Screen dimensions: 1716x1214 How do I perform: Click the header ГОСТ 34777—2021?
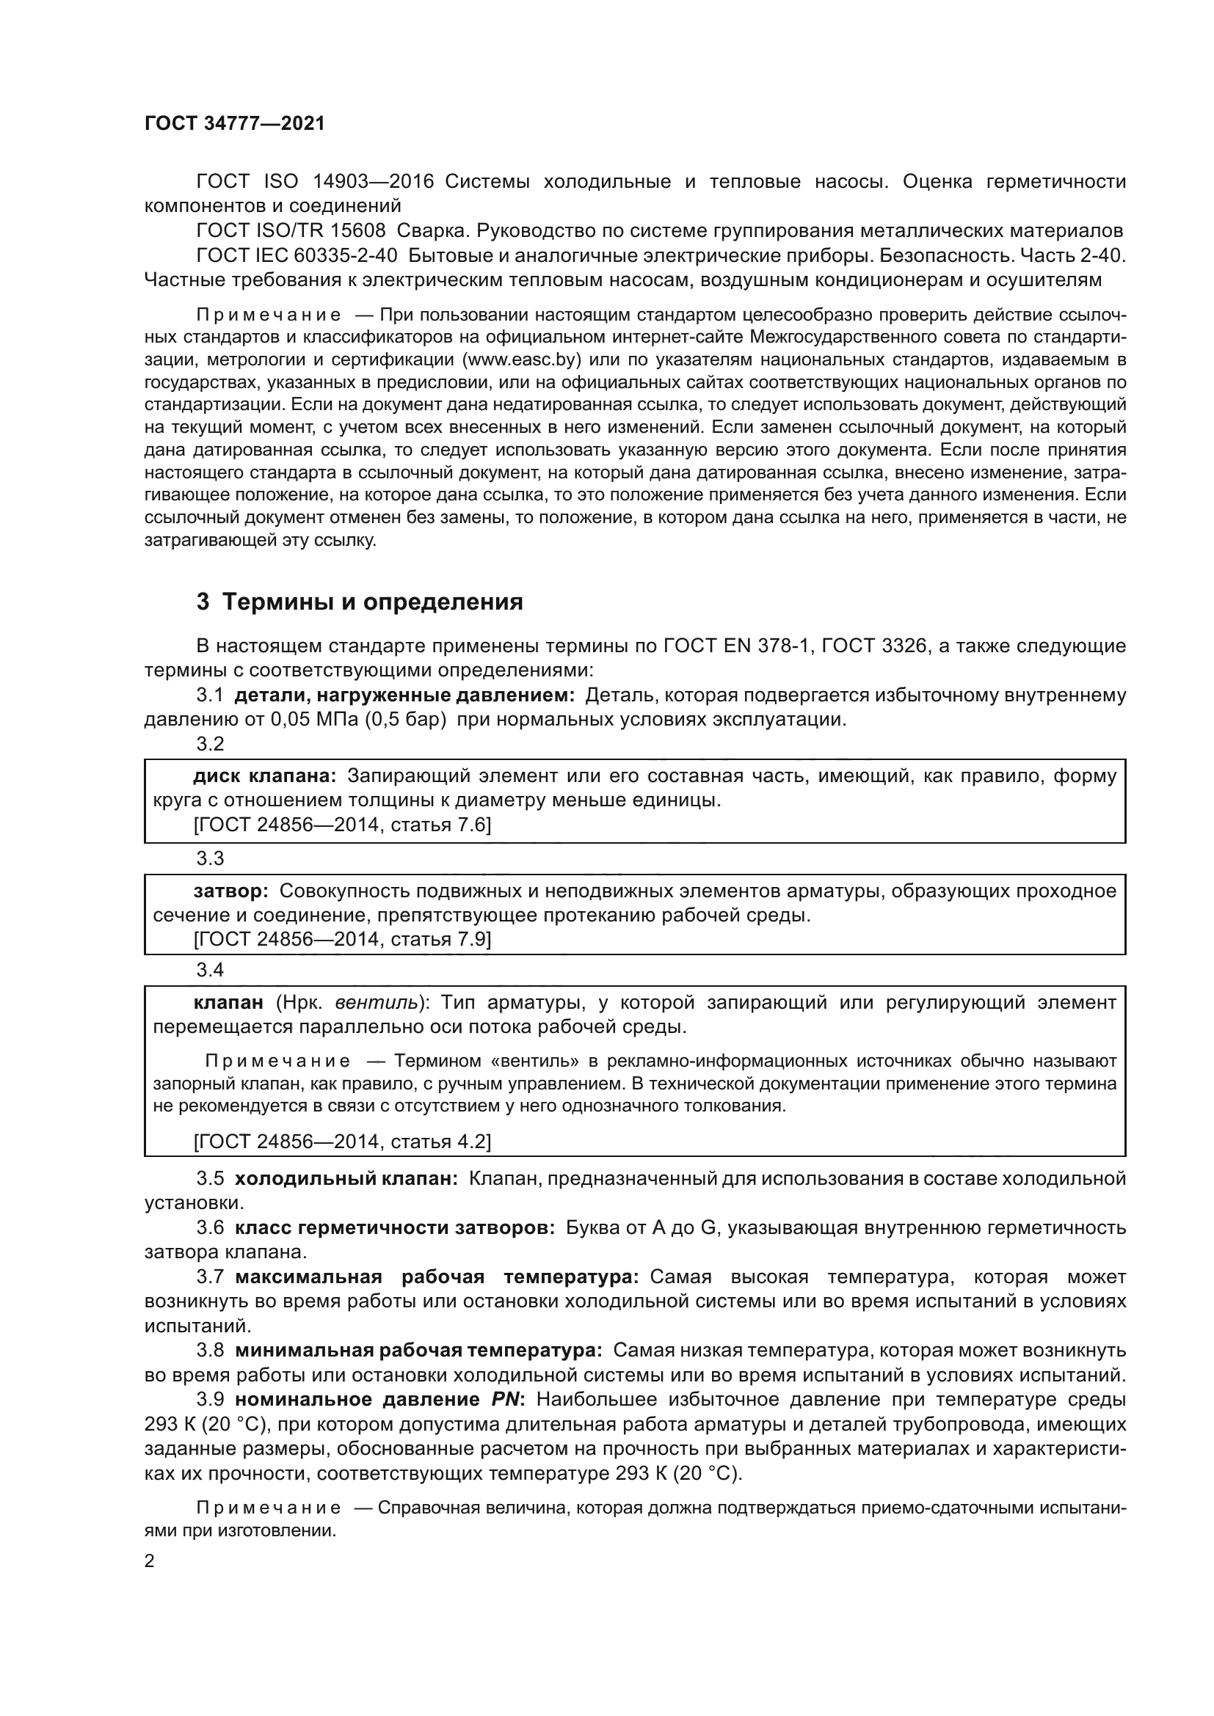pos(235,124)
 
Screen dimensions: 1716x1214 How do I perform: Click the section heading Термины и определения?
pos(372,602)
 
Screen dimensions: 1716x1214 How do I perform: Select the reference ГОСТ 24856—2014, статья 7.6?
pos(341,825)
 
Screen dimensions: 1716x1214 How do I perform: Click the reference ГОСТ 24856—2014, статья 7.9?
pos(341,939)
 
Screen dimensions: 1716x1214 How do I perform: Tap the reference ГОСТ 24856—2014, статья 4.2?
pos(341,1142)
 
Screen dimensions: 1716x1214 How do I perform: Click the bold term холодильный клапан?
pos(346,1179)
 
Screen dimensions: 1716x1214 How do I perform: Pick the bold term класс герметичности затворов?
pos(395,1227)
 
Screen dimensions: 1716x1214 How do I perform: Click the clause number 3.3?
pos(210,858)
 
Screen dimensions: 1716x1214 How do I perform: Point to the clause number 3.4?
pos(210,970)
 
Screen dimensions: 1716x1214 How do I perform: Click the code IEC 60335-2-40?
pos(326,255)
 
